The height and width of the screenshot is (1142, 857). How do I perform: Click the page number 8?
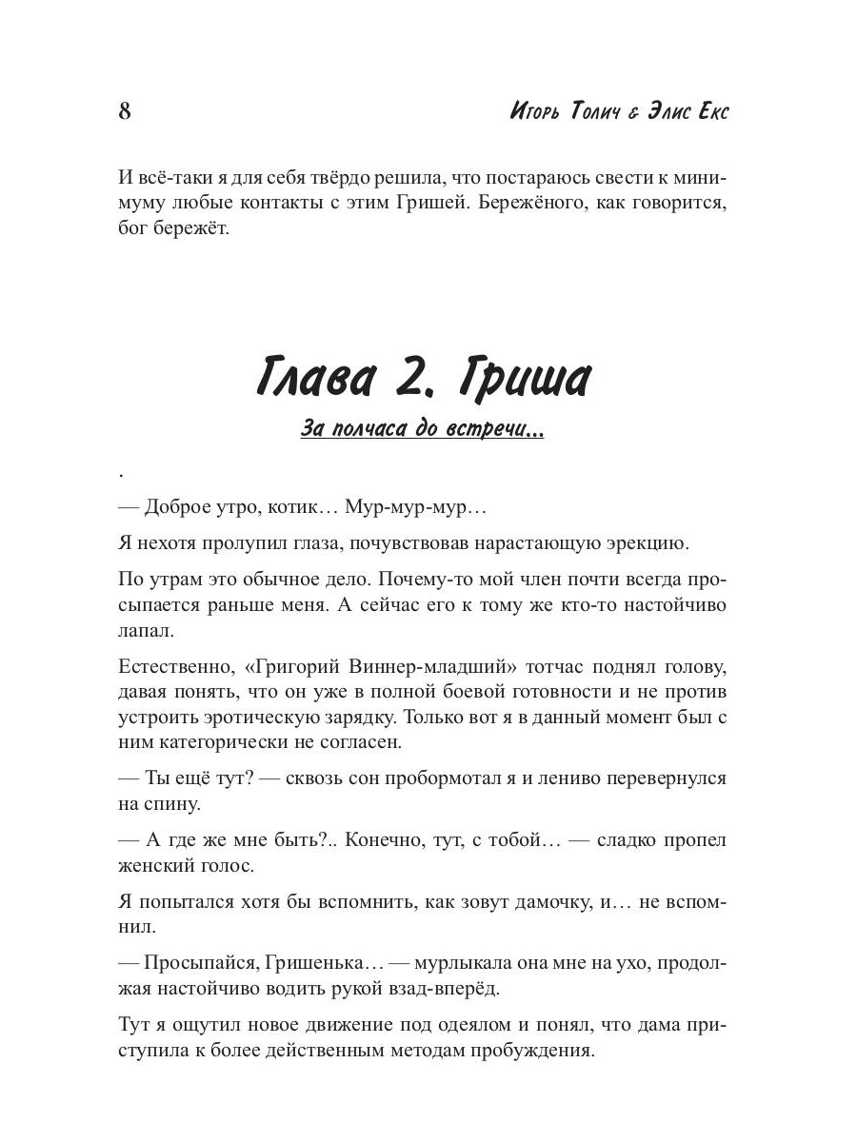coord(125,111)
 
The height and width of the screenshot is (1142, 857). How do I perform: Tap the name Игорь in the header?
coord(536,111)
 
